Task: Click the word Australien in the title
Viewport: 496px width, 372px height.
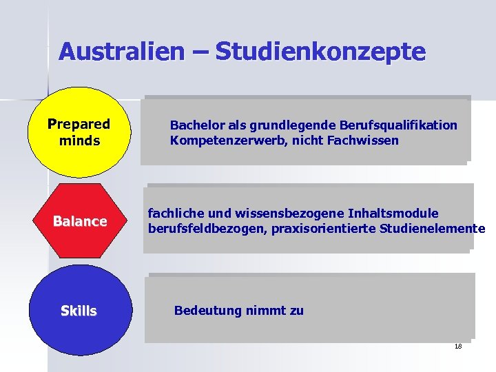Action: [121, 51]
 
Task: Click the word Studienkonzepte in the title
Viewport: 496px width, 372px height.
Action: [320, 51]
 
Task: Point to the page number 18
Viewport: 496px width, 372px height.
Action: [458, 346]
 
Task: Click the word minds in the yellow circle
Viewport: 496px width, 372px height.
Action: [79, 141]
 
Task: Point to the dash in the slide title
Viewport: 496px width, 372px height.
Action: [200, 51]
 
